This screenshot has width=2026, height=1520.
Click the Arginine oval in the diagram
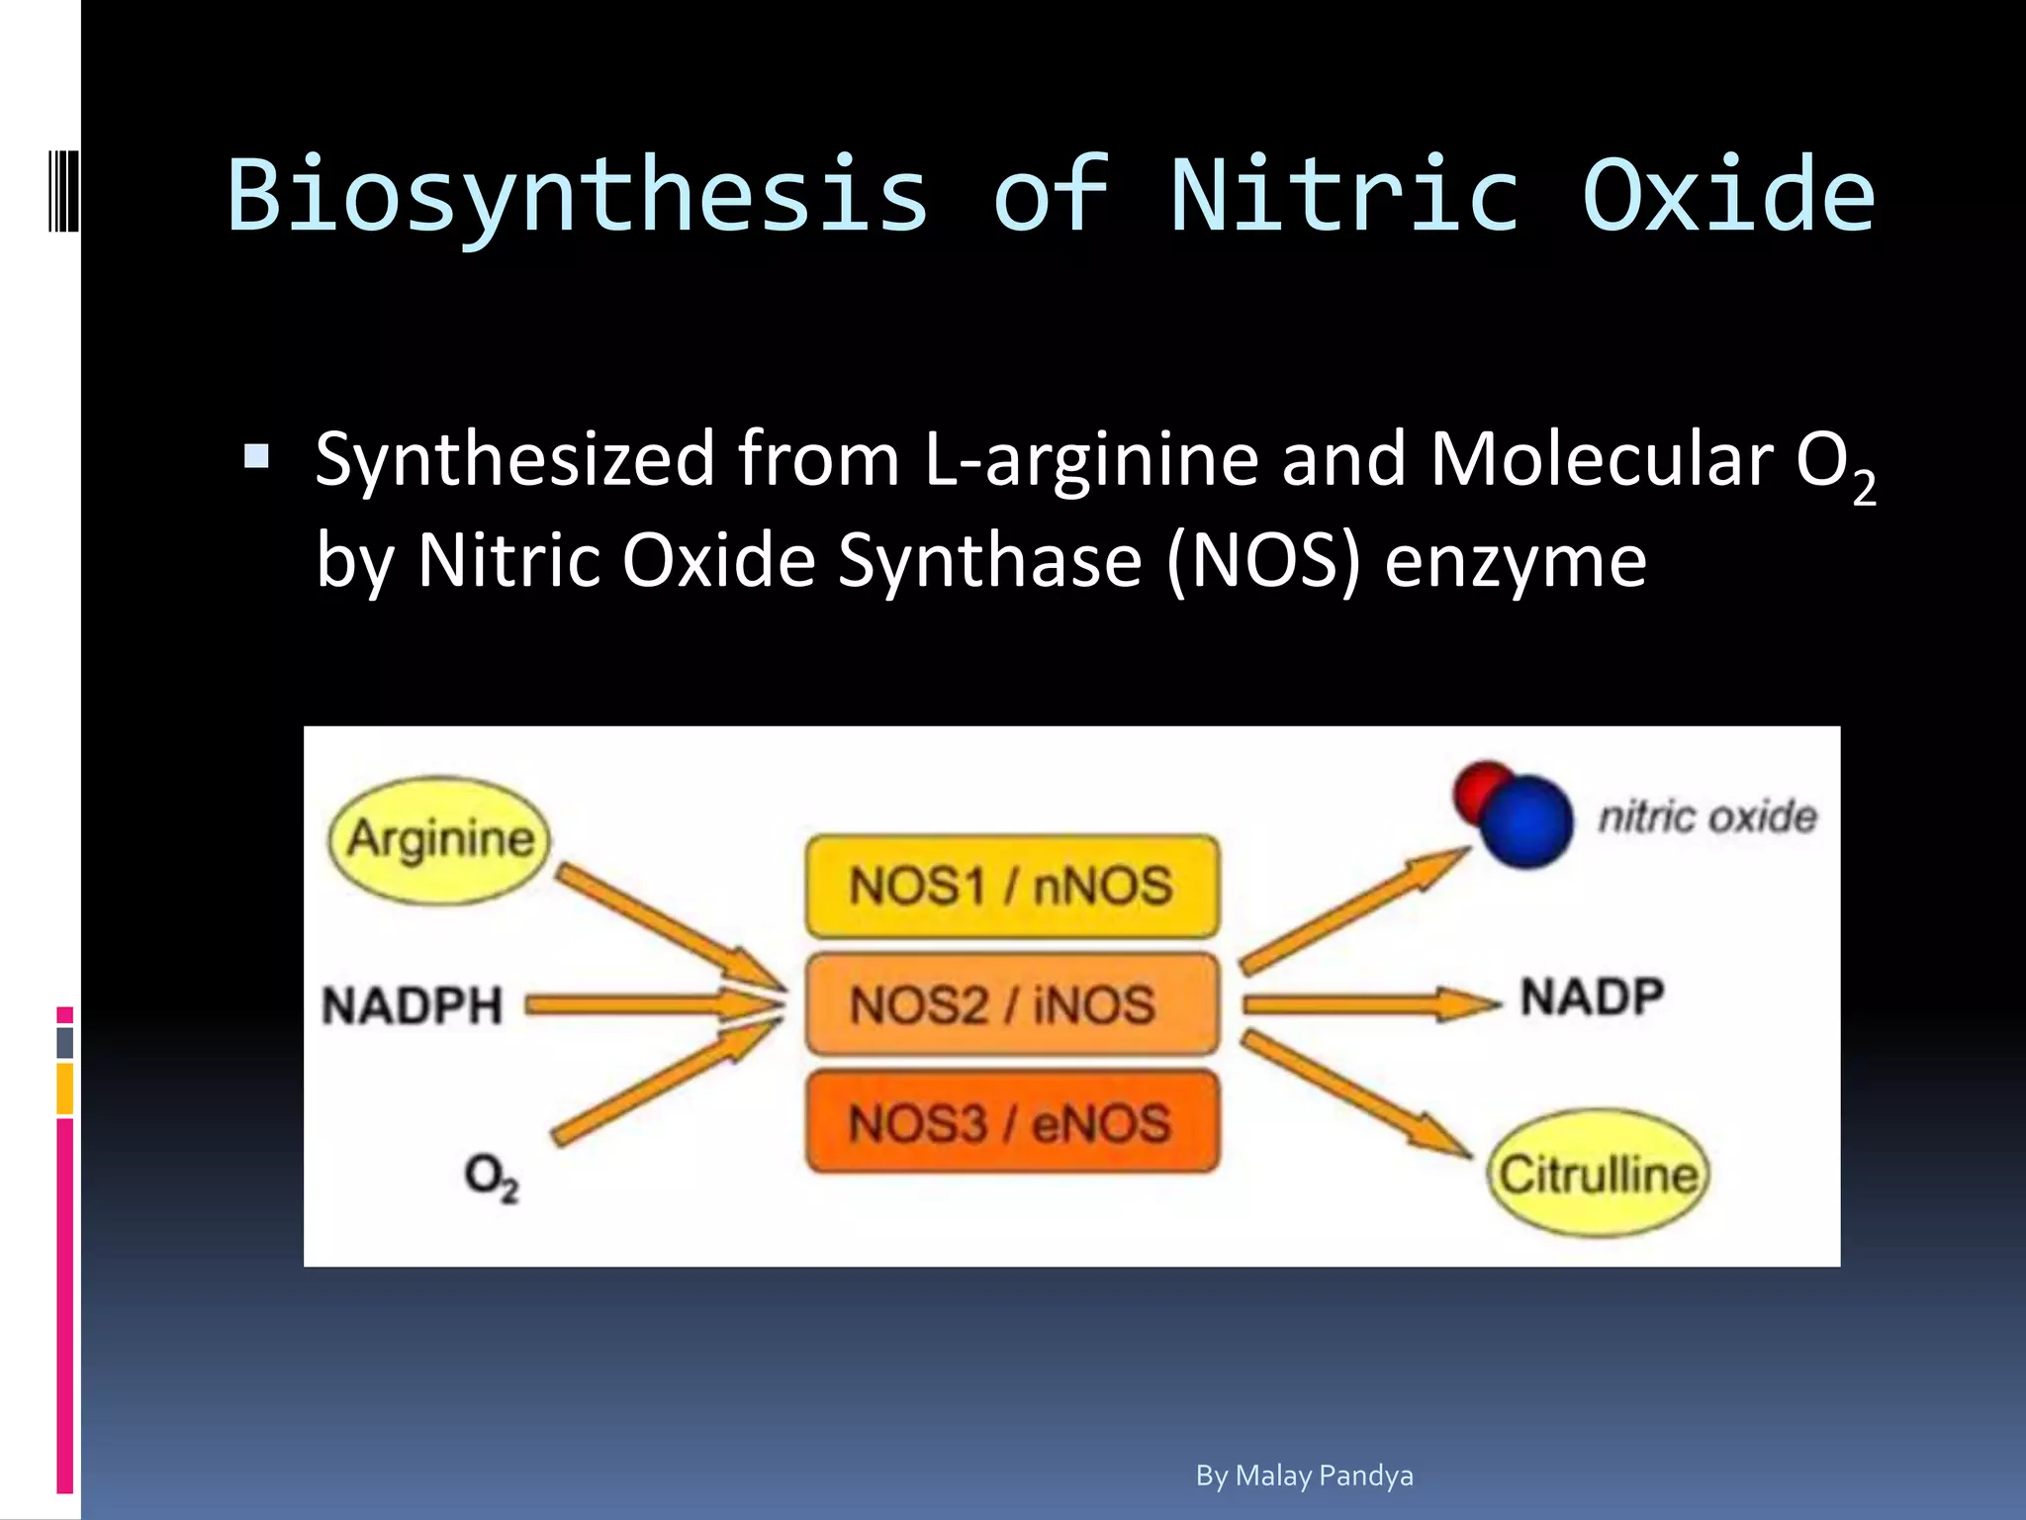[x=438, y=839]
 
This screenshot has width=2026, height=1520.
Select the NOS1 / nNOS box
[x=1011, y=885]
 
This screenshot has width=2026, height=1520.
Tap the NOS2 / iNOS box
[x=1011, y=1003]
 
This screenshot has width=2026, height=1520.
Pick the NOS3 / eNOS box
[x=1011, y=1122]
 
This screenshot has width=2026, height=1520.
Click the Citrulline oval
[x=1598, y=1174]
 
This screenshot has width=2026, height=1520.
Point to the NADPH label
[x=413, y=1005]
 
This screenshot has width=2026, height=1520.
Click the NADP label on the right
[x=1592, y=997]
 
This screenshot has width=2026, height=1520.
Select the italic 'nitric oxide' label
[x=1707, y=816]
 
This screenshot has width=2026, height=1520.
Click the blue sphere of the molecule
[x=1529, y=821]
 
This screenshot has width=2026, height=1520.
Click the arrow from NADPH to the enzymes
[x=653, y=1005]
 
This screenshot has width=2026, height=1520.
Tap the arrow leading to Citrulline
[x=1355, y=1094]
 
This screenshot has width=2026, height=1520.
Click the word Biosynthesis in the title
[x=578, y=195]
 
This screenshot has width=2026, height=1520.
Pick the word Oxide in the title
[x=1728, y=195]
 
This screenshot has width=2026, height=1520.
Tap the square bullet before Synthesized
[x=256, y=456]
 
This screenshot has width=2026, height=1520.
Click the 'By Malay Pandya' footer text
[x=1304, y=1475]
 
